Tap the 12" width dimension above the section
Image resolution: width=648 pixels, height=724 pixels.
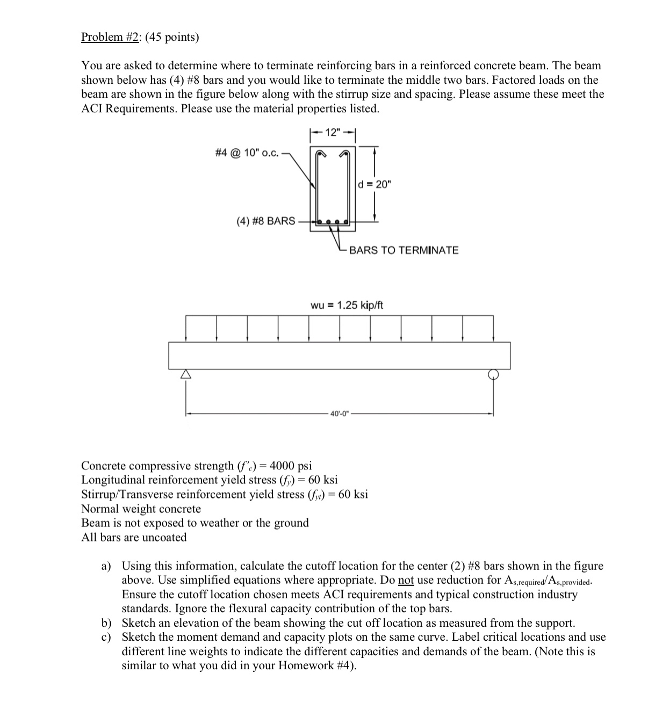tap(333, 133)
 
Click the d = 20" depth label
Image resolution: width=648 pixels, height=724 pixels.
tap(375, 184)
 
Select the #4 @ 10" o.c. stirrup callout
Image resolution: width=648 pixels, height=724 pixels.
tap(247, 153)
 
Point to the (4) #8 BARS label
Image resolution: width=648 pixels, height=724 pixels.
tap(266, 221)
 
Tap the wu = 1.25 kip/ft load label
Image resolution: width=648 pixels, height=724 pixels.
tap(347, 305)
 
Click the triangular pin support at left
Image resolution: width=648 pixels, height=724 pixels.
tap(185, 374)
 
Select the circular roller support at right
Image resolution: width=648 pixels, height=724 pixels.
tap(493, 374)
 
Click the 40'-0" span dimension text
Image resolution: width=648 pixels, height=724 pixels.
tap(340, 414)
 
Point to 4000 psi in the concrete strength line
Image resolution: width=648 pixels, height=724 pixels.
tap(291, 466)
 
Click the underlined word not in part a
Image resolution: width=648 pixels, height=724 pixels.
tap(406, 580)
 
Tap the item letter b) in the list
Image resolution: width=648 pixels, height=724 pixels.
tap(106, 623)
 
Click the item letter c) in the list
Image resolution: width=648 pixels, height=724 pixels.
tap(106, 638)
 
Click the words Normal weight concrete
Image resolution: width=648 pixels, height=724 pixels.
tap(141, 509)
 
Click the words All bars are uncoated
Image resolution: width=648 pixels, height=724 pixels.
tap(134, 538)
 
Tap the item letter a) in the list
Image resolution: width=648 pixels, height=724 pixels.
tap(106, 566)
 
